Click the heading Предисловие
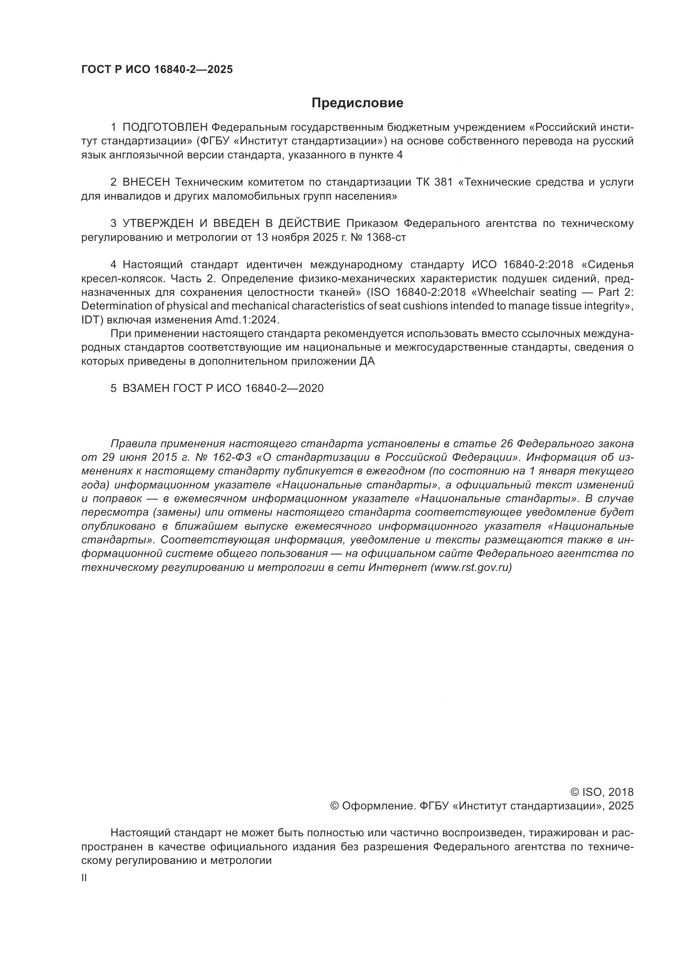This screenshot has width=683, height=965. point(357,103)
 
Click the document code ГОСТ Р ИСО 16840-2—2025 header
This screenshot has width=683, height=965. point(157,70)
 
